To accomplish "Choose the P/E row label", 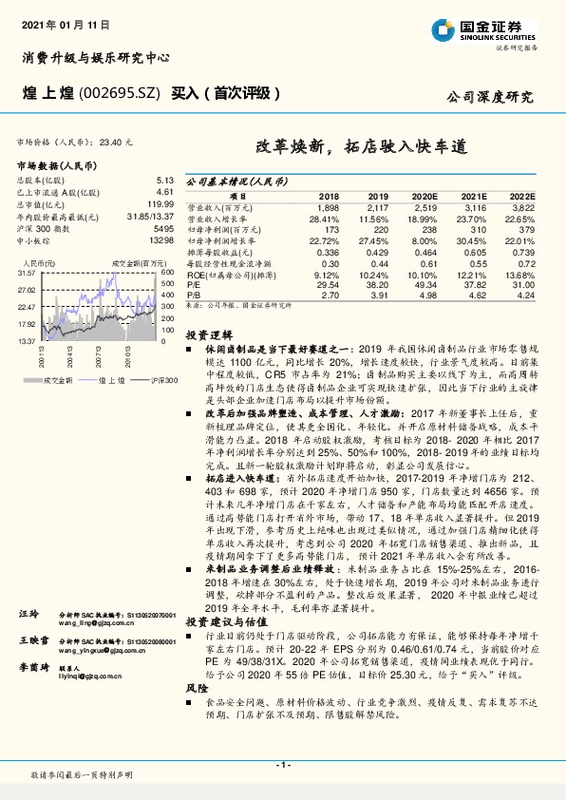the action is pyautogui.click(x=194, y=284).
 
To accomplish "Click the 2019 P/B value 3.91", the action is pyautogui.click(x=378, y=295).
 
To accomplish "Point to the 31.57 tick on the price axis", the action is pyautogui.click(x=27, y=273).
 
